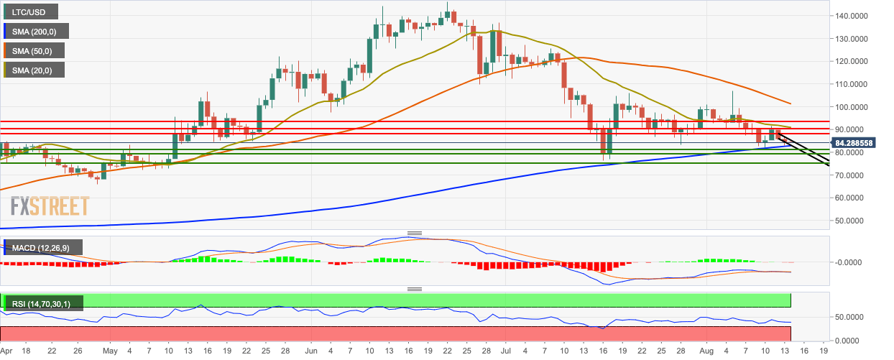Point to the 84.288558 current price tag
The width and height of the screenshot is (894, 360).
pyautogui.click(x=860, y=142)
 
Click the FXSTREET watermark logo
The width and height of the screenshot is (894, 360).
pyautogui.click(x=50, y=207)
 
